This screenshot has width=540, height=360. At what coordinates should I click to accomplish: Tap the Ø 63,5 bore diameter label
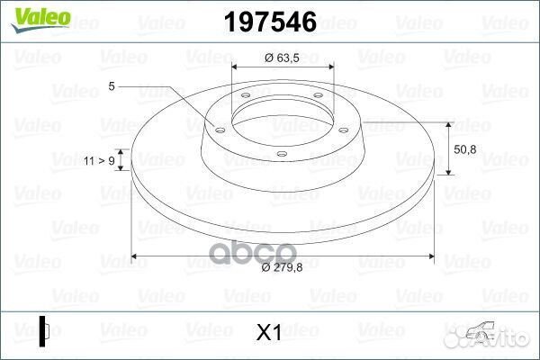click(282, 58)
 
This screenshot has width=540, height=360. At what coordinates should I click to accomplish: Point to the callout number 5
click(111, 86)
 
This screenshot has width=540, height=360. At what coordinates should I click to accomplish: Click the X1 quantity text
click(270, 333)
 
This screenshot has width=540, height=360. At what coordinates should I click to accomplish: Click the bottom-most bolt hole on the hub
click(281, 155)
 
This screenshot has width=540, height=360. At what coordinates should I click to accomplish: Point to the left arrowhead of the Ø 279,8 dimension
click(135, 257)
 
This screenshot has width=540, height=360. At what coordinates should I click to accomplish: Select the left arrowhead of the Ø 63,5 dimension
click(236, 67)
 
